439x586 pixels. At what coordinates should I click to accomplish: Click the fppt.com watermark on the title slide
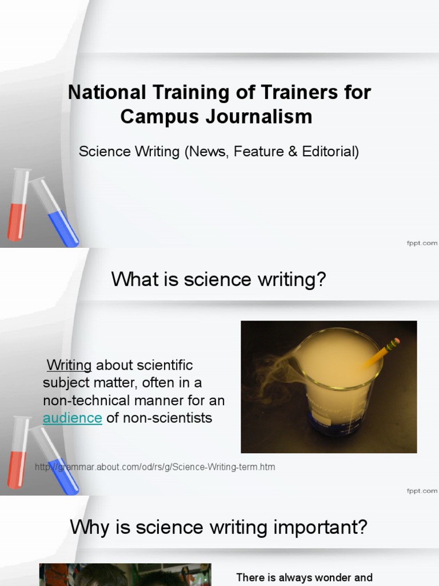point(422,243)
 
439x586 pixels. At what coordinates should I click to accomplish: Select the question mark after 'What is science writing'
point(321,280)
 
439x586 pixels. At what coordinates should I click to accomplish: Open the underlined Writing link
point(69,365)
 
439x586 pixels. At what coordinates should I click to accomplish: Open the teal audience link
point(73,418)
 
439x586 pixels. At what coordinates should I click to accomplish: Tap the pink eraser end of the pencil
point(394,343)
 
